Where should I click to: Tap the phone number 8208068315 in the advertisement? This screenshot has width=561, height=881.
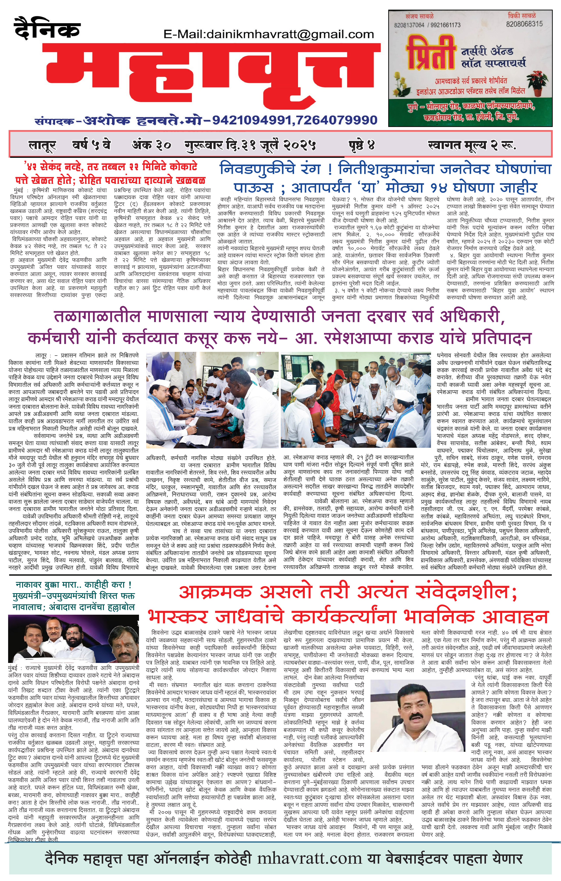524,24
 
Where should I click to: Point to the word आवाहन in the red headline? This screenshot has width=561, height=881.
516,617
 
